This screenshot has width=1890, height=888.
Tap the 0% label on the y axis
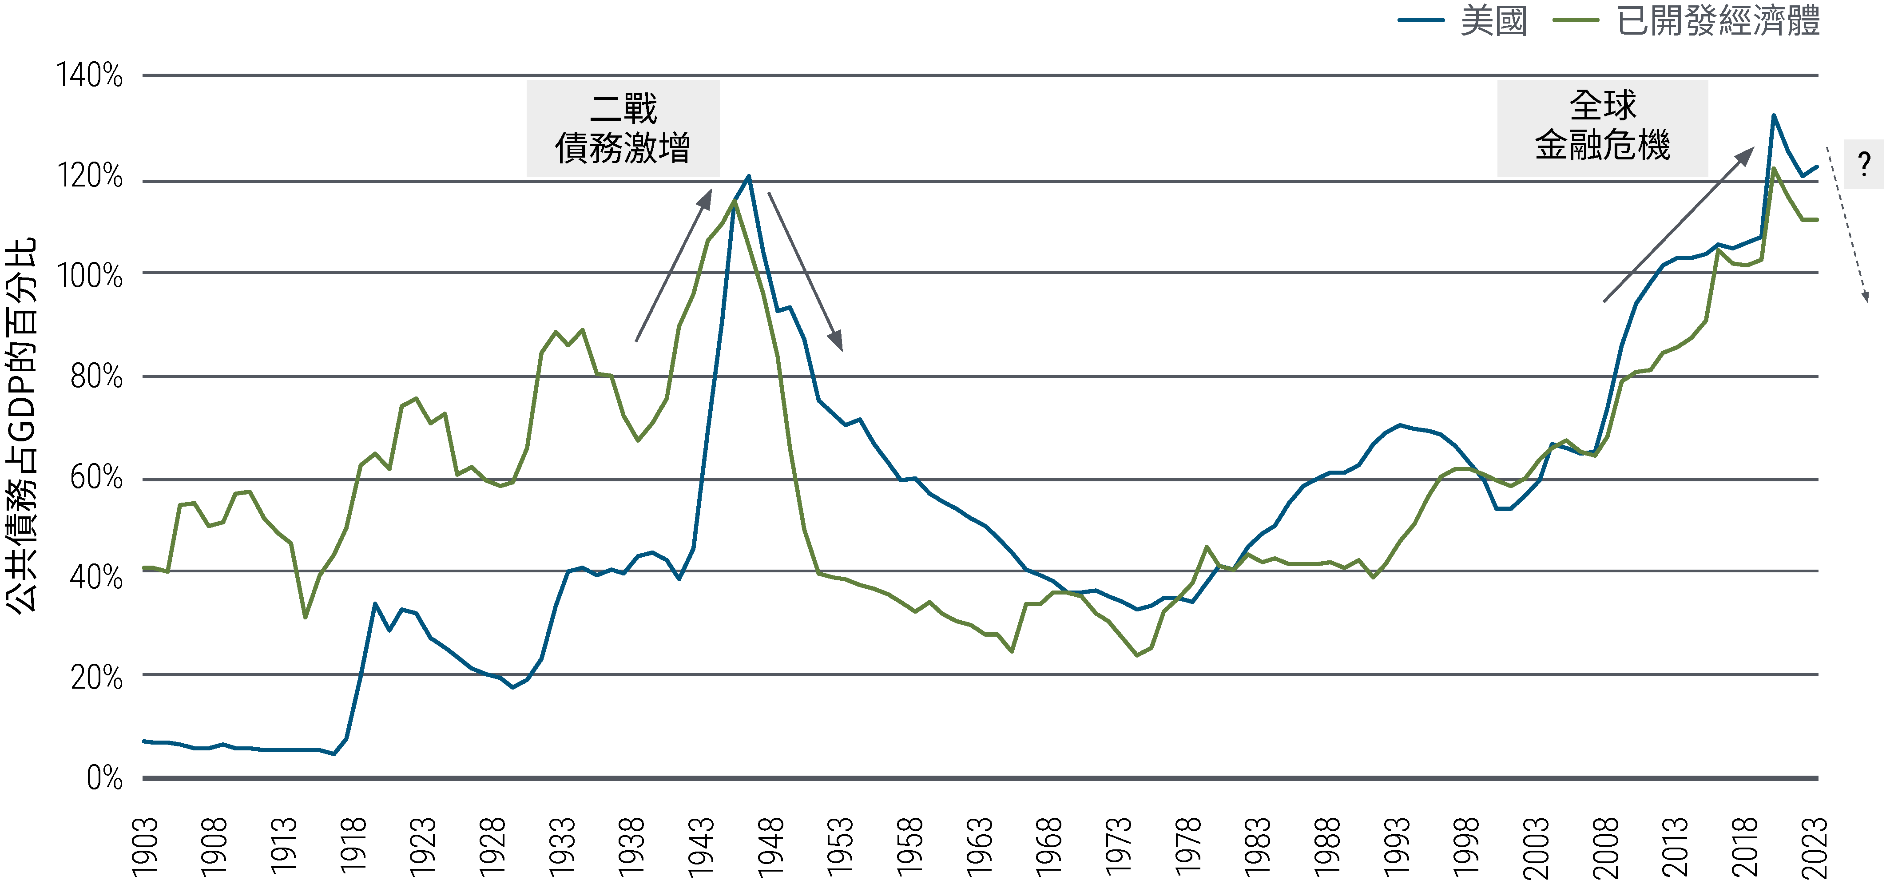point(104,777)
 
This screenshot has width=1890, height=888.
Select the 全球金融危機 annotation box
point(1602,126)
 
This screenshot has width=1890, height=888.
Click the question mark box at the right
point(1864,163)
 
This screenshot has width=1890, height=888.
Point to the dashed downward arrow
point(1847,224)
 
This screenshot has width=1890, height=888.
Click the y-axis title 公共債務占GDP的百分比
point(20,425)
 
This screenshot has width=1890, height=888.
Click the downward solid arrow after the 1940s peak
point(805,271)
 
